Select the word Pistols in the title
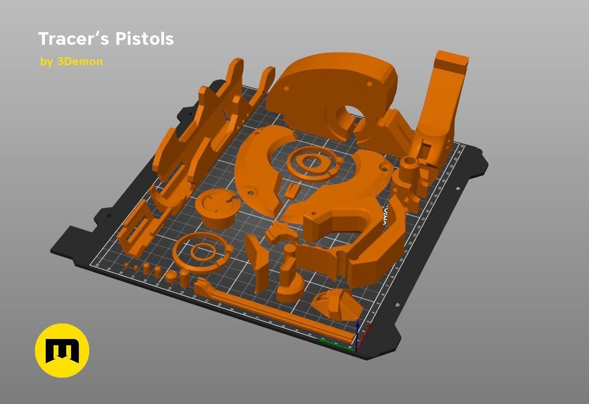[144, 39]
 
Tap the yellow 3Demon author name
[80, 62]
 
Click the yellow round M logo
[62, 350]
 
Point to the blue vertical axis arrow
[357, 333]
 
